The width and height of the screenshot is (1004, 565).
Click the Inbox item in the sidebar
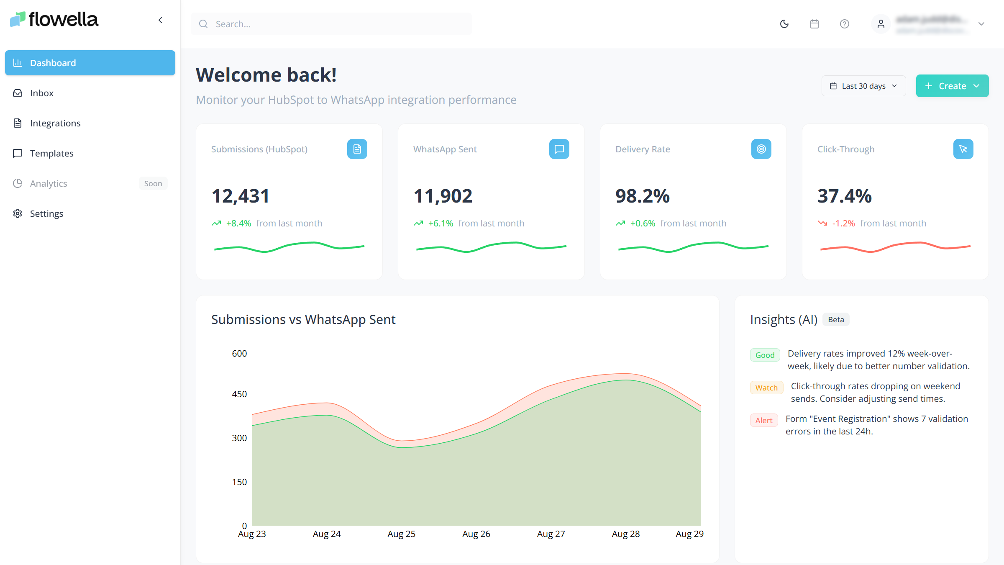click(x=42, y=93)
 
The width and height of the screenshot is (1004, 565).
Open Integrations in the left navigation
click(x=55, y=123)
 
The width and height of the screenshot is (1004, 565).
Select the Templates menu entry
click(x=51, y=153)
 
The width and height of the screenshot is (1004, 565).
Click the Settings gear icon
click(x=18, y=213)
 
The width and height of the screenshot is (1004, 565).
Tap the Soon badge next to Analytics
click(x=153, y=183)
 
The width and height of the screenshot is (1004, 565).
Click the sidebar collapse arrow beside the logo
click(x=160, y=20)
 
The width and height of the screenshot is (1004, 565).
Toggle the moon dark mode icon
click(x=784, y=24)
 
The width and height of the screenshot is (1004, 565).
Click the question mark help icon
click(x=845, y=24)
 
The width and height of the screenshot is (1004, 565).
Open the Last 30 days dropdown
click(x=863, y=86)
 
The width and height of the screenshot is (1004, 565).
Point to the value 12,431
click(x=241, y=196)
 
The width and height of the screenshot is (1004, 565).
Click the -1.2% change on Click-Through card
click(x=843, y=223)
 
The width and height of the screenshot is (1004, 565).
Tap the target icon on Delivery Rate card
click(x=761, y=149)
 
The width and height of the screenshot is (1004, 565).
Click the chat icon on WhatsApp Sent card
click(x=559, y=149)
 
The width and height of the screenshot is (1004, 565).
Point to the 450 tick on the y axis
click(x=239, y=394)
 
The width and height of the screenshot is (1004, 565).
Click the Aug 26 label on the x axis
click(x=476, y=534)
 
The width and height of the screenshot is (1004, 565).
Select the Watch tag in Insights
click(x=766, y=388)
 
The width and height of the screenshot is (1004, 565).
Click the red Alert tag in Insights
click(x=764, y=421)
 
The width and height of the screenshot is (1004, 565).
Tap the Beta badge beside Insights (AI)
click(x=836, y=320)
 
